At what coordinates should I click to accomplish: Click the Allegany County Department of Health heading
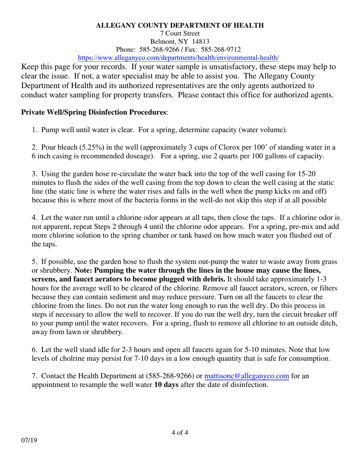click(180, 25)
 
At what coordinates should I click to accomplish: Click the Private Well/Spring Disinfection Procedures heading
click(94, 113)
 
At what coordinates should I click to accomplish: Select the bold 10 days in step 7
click(166, 385)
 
